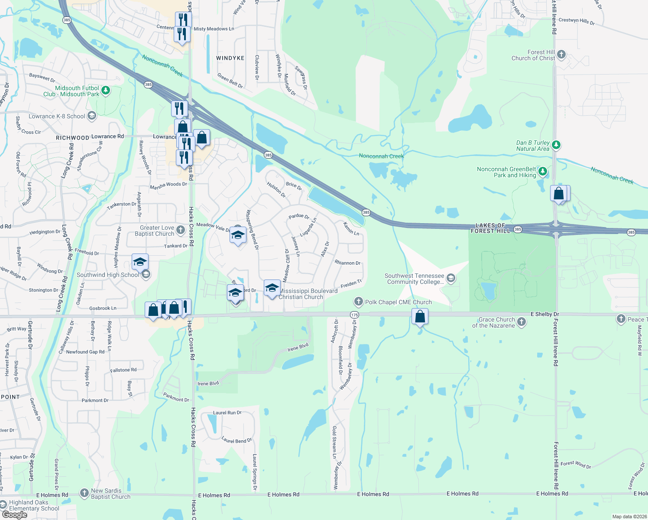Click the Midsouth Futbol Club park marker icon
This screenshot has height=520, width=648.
[x=106, y=91]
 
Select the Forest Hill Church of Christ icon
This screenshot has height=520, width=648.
[x=561, y=55]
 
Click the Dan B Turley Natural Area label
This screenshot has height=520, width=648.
[x=532, y=146]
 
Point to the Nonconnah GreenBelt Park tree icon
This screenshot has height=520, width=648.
[x=543, y=172]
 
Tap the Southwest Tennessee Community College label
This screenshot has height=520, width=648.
[x=415, y=279]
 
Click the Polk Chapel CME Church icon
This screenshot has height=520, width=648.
[x=358, y=302]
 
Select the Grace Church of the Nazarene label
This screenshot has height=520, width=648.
[x=493, y=322]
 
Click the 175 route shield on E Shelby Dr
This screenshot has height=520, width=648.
[x=354, y=315]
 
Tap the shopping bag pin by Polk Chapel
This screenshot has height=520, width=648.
[x=420, y=317]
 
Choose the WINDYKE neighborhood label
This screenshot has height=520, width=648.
[x=230, y=58]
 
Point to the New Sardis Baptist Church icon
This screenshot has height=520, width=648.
[x=84, y=493]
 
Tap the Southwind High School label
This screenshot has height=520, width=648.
[x=108, y=275]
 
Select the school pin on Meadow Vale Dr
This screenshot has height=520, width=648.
[x=238, y=235]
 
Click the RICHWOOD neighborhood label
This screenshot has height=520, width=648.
[x=72, y=138]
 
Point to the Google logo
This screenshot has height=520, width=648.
[x=14, y=515]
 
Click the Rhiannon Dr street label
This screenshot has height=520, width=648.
[x=347, y=263]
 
